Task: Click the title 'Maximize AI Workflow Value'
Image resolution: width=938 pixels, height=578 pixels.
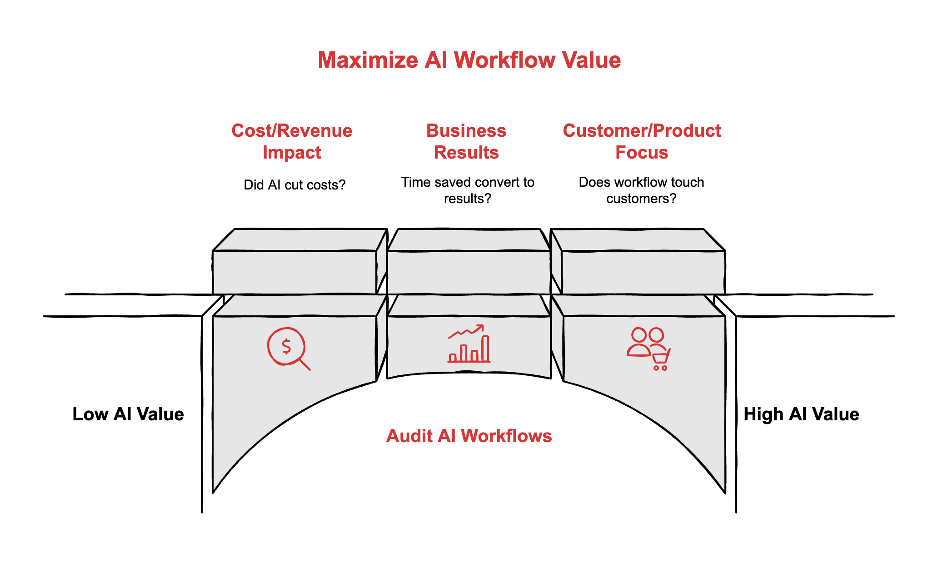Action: point(469,60)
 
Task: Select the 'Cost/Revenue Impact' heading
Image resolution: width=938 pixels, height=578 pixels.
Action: point(292,141)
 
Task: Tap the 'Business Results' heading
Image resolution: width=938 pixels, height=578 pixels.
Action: point(466,141)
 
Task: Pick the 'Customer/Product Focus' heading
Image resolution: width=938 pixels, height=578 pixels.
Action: point(642,141)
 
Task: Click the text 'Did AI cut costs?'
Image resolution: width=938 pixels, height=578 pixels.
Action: point(294,185)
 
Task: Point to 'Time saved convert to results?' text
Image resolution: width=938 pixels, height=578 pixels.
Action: point(468,190)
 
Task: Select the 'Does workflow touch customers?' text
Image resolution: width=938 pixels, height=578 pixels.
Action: point(641,190)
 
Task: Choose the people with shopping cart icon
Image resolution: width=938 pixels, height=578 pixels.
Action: point(649,349)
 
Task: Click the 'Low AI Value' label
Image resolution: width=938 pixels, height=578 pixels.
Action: point(128,414)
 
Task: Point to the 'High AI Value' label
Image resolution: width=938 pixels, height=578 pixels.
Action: point(801,414)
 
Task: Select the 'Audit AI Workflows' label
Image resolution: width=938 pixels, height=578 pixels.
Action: point(469,436)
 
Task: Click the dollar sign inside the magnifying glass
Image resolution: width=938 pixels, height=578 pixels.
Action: point(286,346)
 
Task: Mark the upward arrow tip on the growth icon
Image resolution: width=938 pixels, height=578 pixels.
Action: point(481,326)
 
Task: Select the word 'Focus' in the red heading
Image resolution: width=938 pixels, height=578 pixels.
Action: point(642,153)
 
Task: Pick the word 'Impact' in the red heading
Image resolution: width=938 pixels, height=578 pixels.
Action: point(292,153)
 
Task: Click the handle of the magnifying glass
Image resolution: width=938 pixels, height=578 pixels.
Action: point(304,364)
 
